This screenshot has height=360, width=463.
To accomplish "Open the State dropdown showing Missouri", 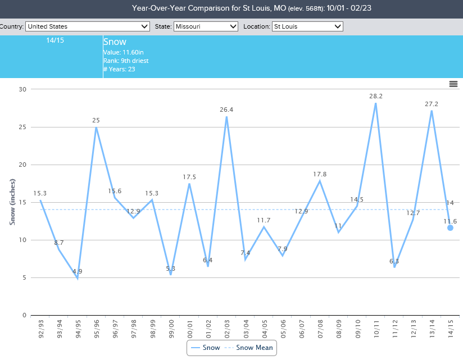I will [206, 26].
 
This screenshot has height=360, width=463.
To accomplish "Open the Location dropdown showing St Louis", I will [307, 26].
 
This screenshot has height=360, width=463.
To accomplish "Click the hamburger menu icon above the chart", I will [453, 84].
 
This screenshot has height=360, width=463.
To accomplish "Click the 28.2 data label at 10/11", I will [375, 96].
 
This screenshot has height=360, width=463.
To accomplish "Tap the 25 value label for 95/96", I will [96, 120].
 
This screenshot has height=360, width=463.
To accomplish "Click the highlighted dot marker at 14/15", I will [450, 227].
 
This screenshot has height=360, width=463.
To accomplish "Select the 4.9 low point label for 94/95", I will [78, 271].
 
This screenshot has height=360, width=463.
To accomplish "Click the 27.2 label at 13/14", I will [432, 104].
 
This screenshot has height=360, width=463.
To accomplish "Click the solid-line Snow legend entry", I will [205, 348].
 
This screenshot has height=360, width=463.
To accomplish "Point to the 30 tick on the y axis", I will [22, 89].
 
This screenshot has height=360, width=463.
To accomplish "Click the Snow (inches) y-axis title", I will [12, 202].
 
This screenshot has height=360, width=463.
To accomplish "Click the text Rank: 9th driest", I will [125, 61].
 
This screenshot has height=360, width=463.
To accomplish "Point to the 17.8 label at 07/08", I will [320, 174].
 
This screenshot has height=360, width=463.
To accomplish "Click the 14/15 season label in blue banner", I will [55, 41].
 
